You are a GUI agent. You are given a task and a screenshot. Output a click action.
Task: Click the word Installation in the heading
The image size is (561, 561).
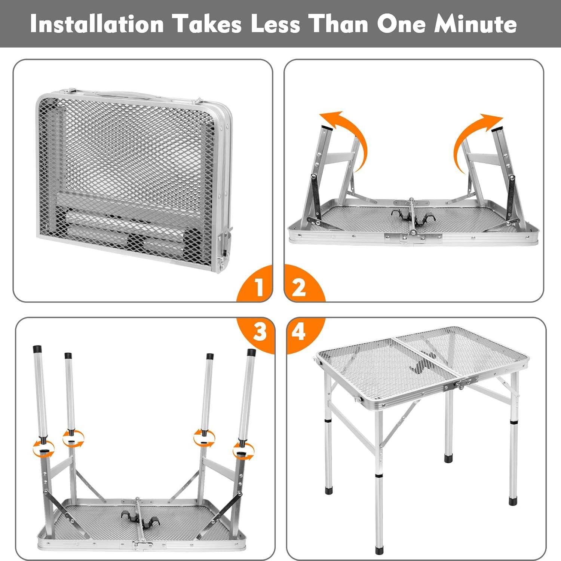[x=97, y=24]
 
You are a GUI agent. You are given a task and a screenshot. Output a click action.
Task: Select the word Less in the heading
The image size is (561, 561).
[x=275, y=24]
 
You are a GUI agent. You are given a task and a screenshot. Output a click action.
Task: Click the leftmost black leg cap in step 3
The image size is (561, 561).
[x=38, y=349]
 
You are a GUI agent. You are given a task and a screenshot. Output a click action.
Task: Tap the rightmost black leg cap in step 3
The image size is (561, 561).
[x=251, y=352]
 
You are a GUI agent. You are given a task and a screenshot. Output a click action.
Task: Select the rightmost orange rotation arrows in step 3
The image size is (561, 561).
[x=243, y=450]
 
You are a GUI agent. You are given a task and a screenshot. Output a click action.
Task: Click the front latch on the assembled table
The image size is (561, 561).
[x=461, y=384]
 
